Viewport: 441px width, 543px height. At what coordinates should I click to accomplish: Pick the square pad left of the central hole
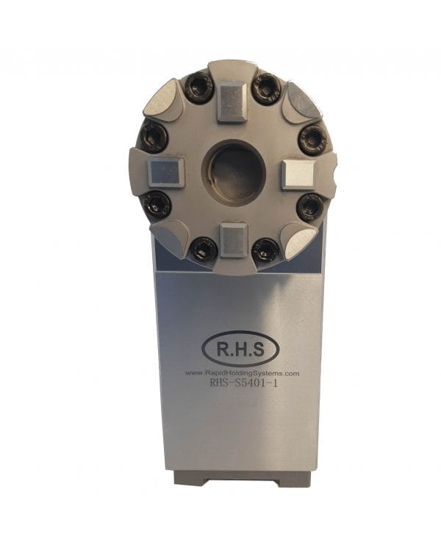164,174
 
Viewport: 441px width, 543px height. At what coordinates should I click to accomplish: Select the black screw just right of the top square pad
266,89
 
